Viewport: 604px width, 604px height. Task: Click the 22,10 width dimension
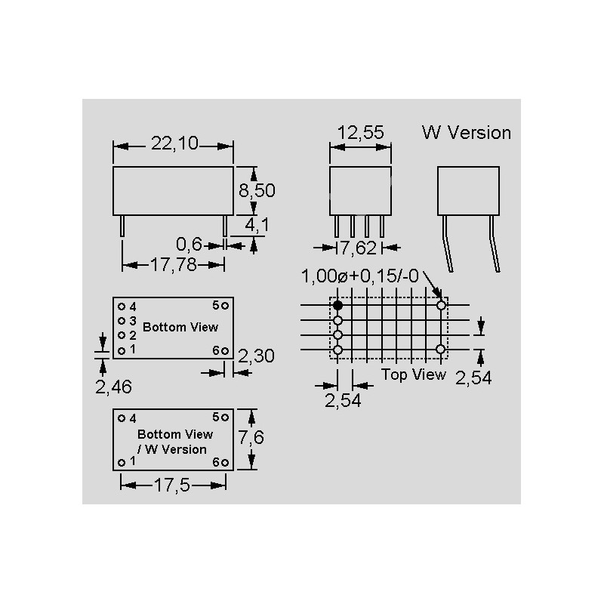pos(174,143)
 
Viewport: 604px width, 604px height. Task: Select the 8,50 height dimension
pos(257,190)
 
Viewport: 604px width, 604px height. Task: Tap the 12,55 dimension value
pos(361,133)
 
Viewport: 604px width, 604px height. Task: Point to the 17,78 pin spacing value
pos(173,265)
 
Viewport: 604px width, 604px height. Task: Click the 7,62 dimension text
pos(359,248)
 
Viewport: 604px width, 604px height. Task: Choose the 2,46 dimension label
pos(114,387)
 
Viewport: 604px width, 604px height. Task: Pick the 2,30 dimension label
pos(256,356)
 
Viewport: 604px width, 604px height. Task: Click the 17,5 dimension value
pos(172,485)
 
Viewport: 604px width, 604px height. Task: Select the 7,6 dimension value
pos(251,437)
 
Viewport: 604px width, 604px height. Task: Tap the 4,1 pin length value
pos(257,225)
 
